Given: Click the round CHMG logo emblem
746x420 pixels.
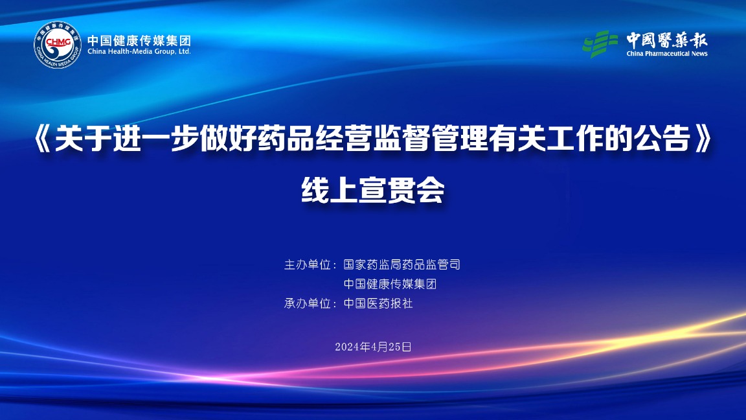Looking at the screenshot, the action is coord(58,45).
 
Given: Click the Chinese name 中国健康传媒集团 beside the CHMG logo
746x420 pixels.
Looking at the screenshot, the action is coord(139,40).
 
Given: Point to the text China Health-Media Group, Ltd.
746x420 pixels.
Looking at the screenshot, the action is coord(139,51).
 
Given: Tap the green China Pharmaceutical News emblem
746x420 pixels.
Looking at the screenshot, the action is coord(600,44).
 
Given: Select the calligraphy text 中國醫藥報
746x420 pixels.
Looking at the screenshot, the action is coord(667,40).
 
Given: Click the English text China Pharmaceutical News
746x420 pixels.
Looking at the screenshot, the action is coord(667,53).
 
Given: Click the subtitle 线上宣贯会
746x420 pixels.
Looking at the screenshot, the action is coord(373,191).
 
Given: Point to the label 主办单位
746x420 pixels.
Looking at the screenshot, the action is coord(308,264).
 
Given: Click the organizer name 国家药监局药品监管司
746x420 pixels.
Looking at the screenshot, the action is coord(402,264).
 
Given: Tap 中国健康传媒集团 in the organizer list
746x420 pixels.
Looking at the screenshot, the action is coord(390,285).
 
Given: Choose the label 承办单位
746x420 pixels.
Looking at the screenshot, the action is coord(308,304).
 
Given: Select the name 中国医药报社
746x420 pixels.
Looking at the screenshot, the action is coord(378,304).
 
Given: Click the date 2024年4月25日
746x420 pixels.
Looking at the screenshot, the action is coord(373,347).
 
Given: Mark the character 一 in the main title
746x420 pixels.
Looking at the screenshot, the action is coord(156,139).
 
